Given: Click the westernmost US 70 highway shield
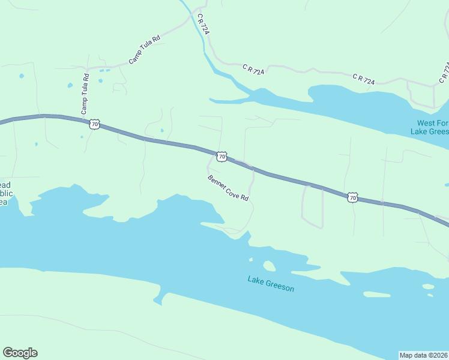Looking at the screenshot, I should tap(94, 124).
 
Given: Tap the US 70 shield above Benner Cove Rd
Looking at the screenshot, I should tap(222, 157).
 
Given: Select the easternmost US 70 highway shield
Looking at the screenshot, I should tap(352, 197).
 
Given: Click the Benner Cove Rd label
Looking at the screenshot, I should tap(228, 188).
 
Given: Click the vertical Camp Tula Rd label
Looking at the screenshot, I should tap(85, 94).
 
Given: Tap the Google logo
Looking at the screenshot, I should tap(20, 352).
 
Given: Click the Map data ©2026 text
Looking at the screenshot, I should tap(424, 355).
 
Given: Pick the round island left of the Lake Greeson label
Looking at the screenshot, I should tap(269, 265).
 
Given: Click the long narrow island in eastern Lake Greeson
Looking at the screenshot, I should tap(377, 295).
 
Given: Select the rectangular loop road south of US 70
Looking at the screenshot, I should tap(312, 206).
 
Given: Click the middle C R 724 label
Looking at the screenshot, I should tap(253, 69).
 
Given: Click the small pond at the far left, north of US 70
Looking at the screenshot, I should tap(22, 76).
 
